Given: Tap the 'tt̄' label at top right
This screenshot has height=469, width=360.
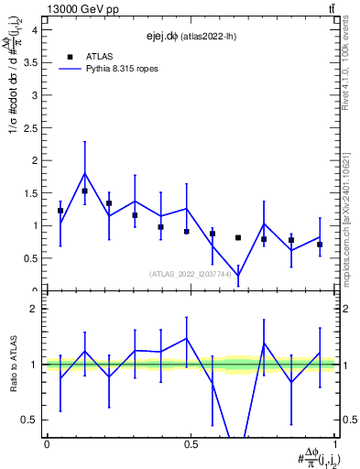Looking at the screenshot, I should tap(331, 8).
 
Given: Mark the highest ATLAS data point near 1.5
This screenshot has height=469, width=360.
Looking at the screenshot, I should tap(85, 191).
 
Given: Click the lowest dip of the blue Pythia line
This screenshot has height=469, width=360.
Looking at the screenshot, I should tap(238, 275).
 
